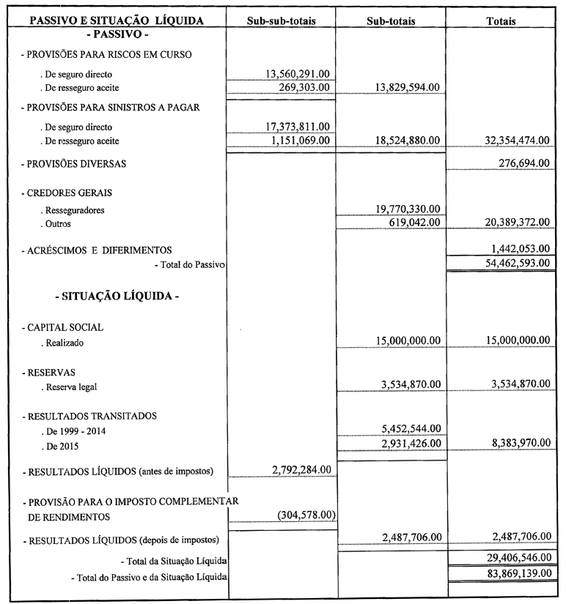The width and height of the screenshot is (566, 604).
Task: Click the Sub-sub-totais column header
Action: tap(282, 21)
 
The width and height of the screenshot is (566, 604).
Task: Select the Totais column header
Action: tap(501, 21)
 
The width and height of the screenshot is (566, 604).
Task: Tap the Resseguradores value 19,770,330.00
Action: tap(403, 209)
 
